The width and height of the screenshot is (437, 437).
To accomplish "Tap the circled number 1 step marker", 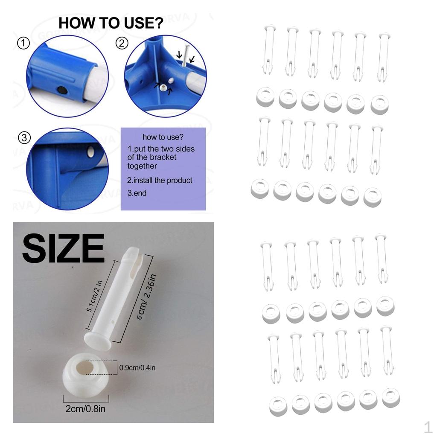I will tap(23, 43).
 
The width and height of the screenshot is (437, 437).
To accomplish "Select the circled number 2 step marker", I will tap(122, 43).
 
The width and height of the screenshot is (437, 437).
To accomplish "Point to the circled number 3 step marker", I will tap(24, 137).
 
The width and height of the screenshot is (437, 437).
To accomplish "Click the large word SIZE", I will tap(63, 248).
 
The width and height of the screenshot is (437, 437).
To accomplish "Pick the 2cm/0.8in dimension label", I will tap(85, 409).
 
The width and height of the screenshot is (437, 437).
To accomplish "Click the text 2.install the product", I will tap(160, 181).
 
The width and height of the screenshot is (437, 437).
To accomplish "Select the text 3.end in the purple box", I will tap(137, 193).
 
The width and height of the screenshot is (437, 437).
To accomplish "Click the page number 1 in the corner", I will tap(428, 427).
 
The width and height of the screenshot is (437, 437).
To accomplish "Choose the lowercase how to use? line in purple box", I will tap(163, 137).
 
